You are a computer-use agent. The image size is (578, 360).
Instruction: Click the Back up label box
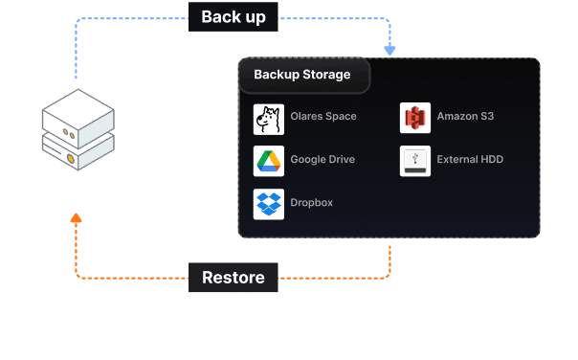pos(233,17)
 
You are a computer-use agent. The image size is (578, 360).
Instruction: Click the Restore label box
pos(233,278)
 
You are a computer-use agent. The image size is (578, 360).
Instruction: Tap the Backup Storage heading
pos(302,75)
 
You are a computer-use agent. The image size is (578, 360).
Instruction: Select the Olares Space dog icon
pos(269,119)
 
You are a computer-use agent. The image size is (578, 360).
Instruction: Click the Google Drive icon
pos(269,161)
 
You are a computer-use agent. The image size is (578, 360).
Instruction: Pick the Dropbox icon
pos(269,204)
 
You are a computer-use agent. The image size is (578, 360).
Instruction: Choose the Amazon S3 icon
pos(415,118)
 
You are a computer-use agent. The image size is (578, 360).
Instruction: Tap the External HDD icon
pos(415,161)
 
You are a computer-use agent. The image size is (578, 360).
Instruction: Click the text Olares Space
pos(323,116)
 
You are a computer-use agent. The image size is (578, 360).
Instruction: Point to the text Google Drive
pos(322,159)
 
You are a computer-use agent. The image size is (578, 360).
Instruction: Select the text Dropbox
pos(311,203)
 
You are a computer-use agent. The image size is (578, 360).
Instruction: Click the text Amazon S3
pos(465,116)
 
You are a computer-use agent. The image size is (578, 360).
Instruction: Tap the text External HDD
pos(470,159)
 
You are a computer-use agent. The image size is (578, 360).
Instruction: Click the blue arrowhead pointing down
pos(389,51)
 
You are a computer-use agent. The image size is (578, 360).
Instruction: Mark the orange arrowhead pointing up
pos(76,217)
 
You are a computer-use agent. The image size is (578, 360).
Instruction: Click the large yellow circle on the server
pos(71,159)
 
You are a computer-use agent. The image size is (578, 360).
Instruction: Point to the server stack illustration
pos(78,129)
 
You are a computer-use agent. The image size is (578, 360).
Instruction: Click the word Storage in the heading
pos(326,75)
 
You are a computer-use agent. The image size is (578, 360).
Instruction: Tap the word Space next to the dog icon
pos(341,117)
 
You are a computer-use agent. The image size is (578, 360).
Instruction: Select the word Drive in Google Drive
pos(342,159)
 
